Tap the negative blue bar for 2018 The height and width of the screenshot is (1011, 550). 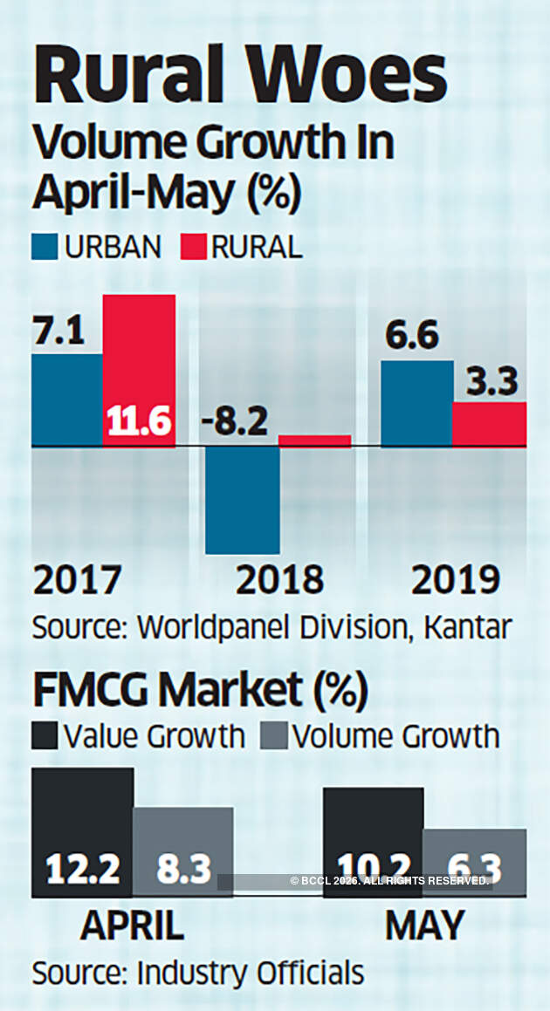pyautogui.click(x=243, y=500)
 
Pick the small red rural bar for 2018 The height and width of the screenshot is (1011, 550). pyautogui.click(x=315, y=441)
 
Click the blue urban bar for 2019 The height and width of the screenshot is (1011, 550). pyautogui.click(x=416, y=404)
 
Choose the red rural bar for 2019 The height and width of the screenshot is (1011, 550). pyautogui.click(x=489, y=425)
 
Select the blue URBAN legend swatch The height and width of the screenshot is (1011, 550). pyautogui.click(x=45, y=247)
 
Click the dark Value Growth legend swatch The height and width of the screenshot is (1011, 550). pyautogui.click(x=45, y=735)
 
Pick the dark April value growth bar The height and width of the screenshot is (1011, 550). pyautogui.click(x=82, y=833)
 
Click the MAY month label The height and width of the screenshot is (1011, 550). pyautogui.click(x=424, y=926)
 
